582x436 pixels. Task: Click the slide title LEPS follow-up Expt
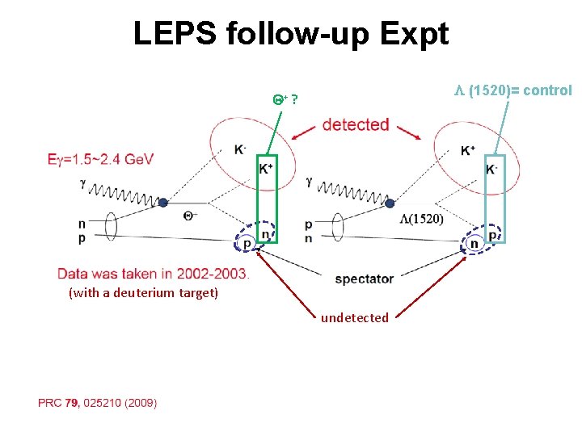[x=290, y=34]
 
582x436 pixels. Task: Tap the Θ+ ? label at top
[x=284, y=100]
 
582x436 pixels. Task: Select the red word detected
[x=356, y=125]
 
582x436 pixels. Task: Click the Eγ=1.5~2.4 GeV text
[x=100, y=159]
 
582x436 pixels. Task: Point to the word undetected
[x=354, y=318]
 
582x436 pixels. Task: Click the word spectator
[x=364, y=279]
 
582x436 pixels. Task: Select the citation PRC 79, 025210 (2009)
[x=97, y=403]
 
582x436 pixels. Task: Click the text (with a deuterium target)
[x=144, y=292]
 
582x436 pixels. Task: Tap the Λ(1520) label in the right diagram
[x=421, y=219]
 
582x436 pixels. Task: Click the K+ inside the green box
[x=266, y=169]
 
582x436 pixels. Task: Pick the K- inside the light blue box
[x=491, y=170]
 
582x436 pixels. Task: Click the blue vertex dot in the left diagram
[x=162, y=203]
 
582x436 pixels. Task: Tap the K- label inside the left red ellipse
[x=240, y=149]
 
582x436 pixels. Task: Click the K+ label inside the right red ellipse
[x=467, y=150]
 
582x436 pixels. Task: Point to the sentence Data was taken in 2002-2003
[x=154, y=273]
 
